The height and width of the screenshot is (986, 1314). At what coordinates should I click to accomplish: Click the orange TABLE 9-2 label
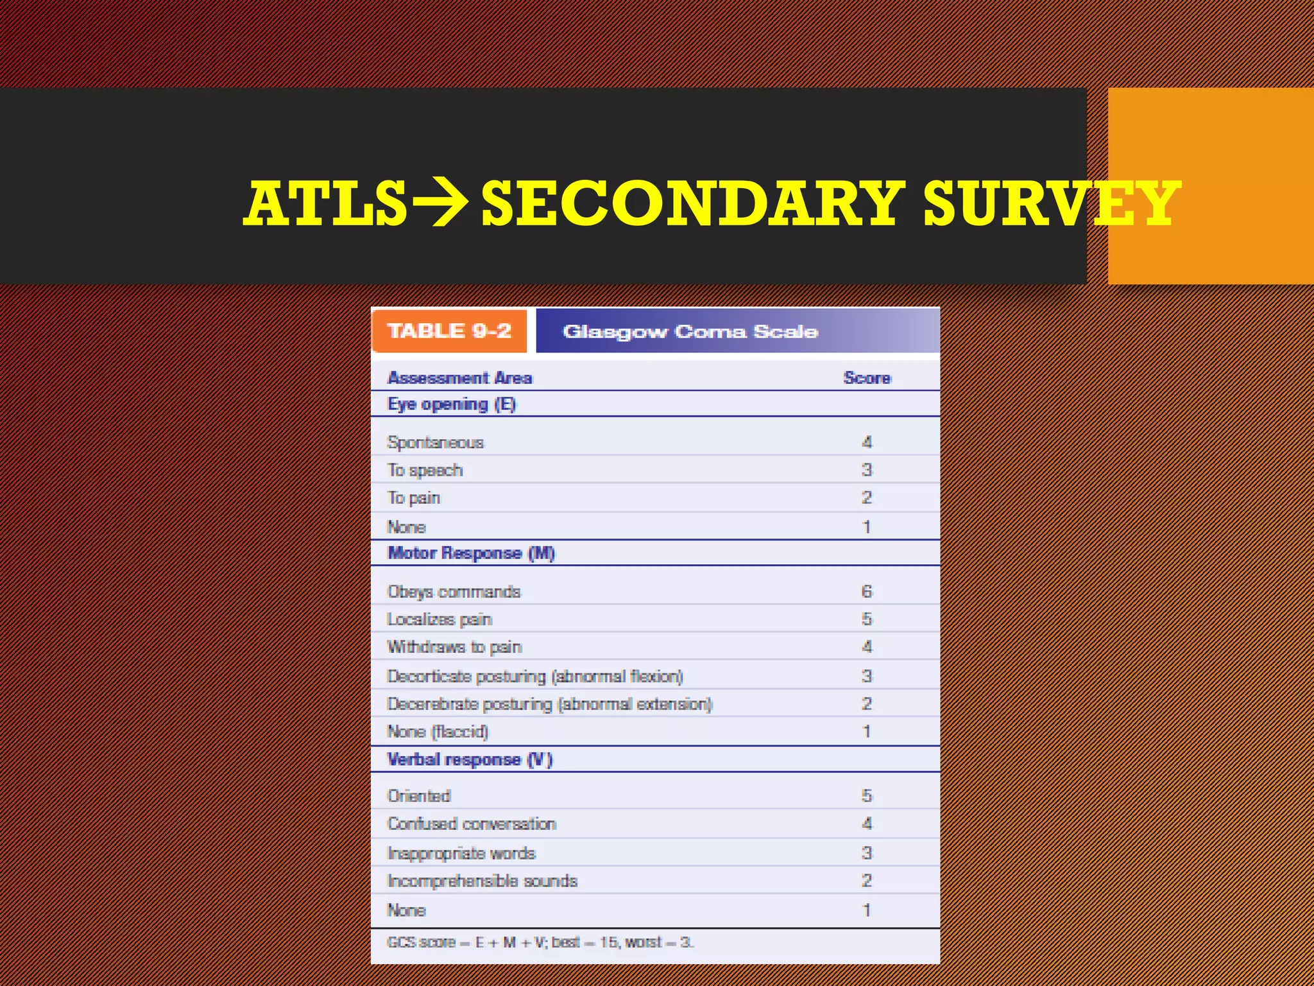[x=449, y=331]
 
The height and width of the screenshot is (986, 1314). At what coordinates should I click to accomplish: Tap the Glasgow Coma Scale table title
[x=690, y=331]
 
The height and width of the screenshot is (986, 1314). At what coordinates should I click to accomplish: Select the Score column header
[x=867, y=378]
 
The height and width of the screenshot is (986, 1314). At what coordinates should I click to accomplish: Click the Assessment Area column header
[x=459, y=378]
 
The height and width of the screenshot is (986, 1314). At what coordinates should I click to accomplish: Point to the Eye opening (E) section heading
[x=452, y=404]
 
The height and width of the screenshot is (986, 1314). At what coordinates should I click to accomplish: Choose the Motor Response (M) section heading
[x=471, y=553]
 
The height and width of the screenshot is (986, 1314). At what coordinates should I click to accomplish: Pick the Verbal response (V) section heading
[x=470, y=759]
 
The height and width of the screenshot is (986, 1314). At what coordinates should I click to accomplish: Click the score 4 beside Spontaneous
[x=867, y=442]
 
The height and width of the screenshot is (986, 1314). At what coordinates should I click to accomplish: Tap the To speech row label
[x=425, y=471]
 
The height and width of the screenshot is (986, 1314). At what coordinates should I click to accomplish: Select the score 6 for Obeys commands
[x=867, y=591]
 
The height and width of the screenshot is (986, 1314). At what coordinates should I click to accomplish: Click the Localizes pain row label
[x=439, y=619]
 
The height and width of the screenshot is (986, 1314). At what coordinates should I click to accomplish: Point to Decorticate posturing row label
[x=535, y=677]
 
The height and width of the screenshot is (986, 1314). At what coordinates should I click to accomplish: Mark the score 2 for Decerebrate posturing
[x=867, y=704]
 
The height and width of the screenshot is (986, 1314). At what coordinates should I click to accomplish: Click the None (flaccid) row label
[x=438, y=732]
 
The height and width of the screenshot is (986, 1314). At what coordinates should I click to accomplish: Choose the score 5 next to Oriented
[x=867, y=796]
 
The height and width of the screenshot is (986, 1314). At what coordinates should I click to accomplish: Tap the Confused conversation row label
[x=472, y=824]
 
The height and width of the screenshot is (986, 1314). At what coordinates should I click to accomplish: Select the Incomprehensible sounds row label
[x=482, y=881]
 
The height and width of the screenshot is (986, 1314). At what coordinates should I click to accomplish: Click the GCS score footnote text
[x=540, y=942]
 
